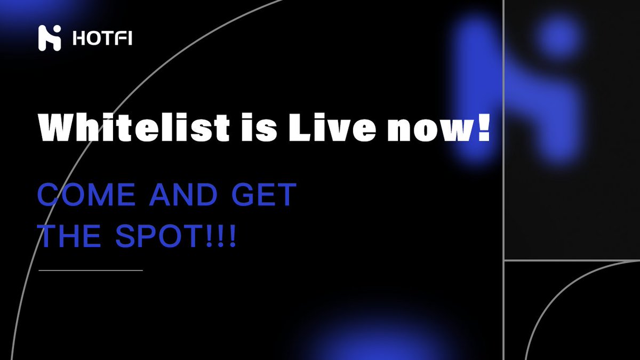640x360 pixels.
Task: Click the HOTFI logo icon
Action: (50, 38)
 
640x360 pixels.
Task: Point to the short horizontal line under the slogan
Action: (91, 270)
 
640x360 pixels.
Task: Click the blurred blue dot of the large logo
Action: (557, 37)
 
